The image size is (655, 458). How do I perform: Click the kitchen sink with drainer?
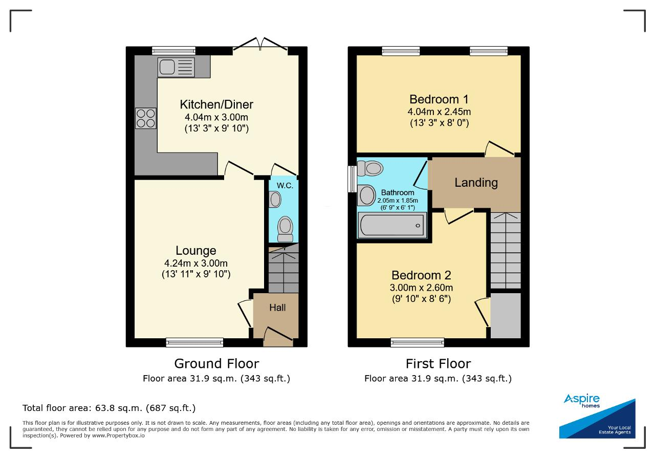pos(176,67)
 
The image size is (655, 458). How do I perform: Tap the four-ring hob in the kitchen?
pos(146,118)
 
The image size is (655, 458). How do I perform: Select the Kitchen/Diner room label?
pos(216,104)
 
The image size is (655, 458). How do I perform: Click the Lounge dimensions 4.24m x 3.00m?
pos(196,263)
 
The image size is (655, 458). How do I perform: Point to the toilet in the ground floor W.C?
pos(285,229)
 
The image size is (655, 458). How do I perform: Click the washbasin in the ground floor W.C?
pos(275,200)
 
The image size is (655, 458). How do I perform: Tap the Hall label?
pos(277,308)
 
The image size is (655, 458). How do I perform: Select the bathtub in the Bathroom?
pos(392,225)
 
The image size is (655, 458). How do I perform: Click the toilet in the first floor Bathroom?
pos(370,168)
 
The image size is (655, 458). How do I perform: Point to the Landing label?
pos(476,183)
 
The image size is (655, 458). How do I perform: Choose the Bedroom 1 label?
pos(439,99)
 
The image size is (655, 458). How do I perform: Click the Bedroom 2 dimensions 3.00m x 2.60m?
pos(421,288)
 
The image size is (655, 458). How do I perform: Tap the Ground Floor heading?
pos(216,363)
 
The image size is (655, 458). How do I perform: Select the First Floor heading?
pos(439,363)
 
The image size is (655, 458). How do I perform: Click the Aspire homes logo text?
pos(582,400)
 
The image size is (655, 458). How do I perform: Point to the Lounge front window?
pos(194,342)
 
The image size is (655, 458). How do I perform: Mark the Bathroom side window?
pos(352,179)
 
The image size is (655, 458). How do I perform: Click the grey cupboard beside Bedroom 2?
pos(506,316)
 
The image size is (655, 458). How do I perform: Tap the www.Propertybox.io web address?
pos(118,435)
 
